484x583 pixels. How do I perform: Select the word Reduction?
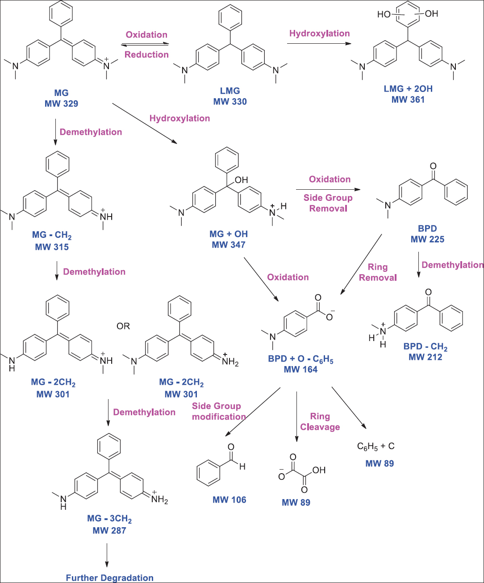coord(146,54)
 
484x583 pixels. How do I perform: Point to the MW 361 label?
coord(408,99)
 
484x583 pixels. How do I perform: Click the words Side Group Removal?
coord(328,203)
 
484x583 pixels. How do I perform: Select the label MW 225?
coord(427,239)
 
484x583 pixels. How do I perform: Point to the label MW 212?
coord(425,357)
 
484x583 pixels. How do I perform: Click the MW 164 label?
coord(300,369)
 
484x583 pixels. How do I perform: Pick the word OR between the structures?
coord(123,326)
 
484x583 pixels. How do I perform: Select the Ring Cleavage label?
coord(320,421)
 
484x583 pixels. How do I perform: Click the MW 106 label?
coord(229,500)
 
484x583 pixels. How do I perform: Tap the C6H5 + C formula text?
coord(376,446)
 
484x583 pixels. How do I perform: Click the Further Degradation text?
coord(109,578)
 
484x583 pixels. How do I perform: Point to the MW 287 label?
coord(109,530)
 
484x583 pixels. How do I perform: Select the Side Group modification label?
coord(219,411)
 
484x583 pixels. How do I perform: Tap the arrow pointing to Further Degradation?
coord(107,555)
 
